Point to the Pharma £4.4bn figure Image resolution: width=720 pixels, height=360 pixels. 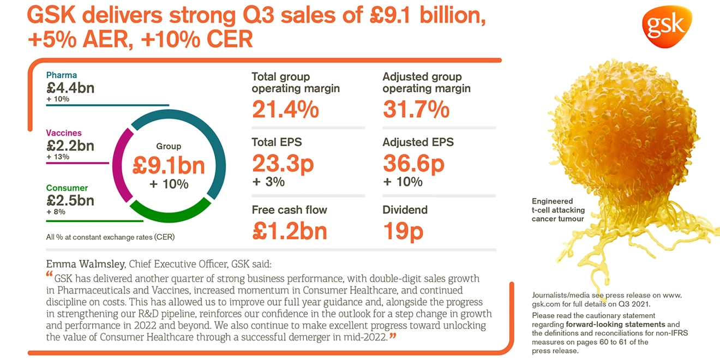[70, 87]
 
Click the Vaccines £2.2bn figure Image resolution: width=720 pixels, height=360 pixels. [70, 145]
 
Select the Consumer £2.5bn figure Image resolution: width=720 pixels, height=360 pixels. [70, 200]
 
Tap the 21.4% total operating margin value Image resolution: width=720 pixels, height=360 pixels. [285, 110]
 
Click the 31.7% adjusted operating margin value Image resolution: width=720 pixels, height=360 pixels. [416, 110]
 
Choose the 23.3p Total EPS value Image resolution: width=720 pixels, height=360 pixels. [283, 164]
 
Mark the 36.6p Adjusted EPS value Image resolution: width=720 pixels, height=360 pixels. [414, 164]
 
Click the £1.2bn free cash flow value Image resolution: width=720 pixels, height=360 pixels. [290, 231]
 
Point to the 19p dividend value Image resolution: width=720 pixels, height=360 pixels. [403, 231]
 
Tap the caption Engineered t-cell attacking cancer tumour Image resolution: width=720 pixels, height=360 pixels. [558, 210]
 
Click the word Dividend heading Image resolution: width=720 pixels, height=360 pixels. [405, 210]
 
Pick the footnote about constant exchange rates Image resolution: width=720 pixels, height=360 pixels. [110, 237]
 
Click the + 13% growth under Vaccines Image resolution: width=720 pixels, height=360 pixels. [58, 157]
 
